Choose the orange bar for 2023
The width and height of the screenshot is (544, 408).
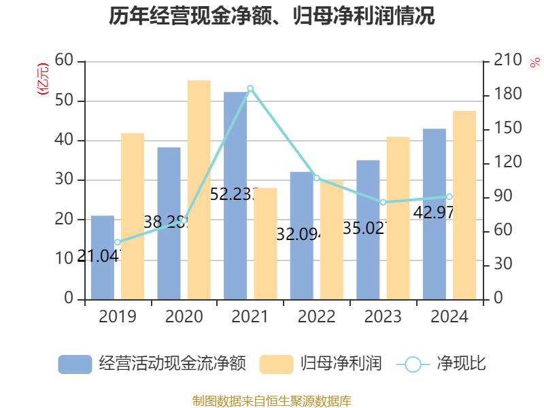398,218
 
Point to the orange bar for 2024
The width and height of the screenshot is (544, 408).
464,204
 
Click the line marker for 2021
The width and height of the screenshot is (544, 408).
250,88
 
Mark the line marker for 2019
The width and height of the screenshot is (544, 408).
118,242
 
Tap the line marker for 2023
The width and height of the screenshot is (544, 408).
383,202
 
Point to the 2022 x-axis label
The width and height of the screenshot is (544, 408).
316,317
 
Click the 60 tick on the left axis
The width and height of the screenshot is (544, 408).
65,61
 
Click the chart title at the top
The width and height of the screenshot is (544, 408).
272,15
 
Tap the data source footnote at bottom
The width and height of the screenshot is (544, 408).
272,401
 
